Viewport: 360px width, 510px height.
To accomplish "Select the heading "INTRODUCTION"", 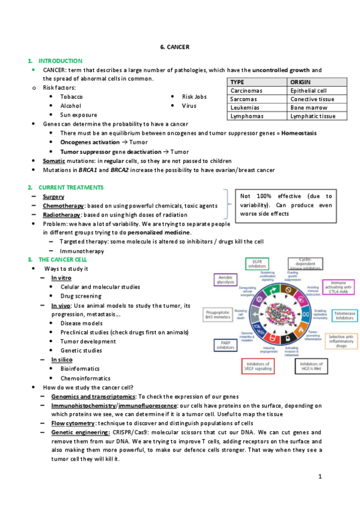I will point(60,61).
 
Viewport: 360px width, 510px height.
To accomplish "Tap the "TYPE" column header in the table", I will point(237,82).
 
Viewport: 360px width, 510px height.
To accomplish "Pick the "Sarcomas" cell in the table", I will point(243,99).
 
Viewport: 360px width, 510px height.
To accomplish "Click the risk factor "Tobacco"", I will point(72,96).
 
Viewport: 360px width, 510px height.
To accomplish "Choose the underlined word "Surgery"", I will point(53,197).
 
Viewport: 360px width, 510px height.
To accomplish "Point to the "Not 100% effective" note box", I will point(285,204).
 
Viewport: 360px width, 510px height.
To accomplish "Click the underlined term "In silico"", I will point(63,360).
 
